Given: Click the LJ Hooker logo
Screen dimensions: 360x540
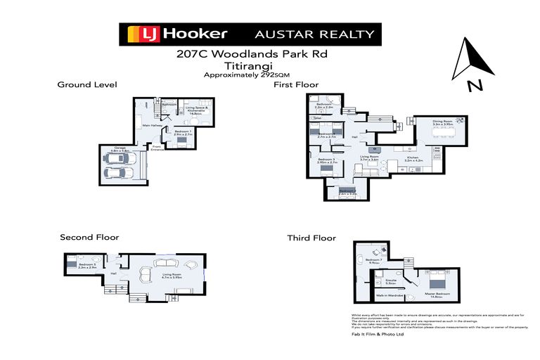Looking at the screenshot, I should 177,34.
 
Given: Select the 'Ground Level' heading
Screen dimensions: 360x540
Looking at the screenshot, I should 86,84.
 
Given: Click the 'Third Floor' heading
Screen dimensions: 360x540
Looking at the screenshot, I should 311,238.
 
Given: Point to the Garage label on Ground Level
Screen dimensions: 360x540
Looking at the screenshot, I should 119,148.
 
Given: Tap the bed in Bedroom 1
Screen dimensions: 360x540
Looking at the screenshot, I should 181,141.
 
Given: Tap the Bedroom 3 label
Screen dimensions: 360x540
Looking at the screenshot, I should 326,160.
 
